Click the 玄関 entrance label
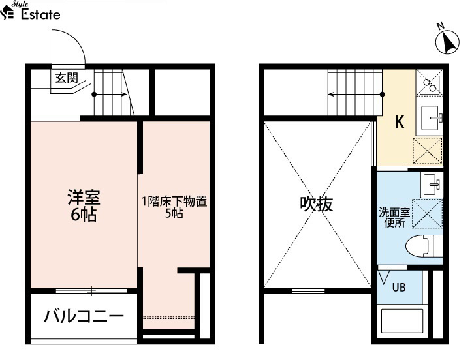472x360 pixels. [67, 78]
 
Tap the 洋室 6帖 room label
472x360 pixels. [84, 205]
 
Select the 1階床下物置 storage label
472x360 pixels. [174, 202]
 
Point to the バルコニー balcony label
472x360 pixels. [84, 316]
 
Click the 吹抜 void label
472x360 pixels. [317, 204]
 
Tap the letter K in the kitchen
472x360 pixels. [400, 122]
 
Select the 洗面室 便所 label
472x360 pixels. [394, 218]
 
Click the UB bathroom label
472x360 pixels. [399, 288]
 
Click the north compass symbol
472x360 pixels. [447, 42]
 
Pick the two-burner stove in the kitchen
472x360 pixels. [430, 84]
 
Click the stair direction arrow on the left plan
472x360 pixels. [110, 95]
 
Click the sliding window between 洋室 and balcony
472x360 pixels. [92, 291]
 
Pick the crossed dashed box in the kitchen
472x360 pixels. [428, 151]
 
